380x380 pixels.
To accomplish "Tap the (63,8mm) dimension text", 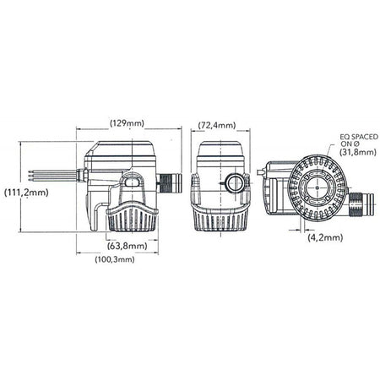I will coord(127,246).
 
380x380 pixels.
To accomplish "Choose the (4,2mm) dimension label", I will coord(324,238).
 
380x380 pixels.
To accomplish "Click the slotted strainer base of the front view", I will coord(220,218).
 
